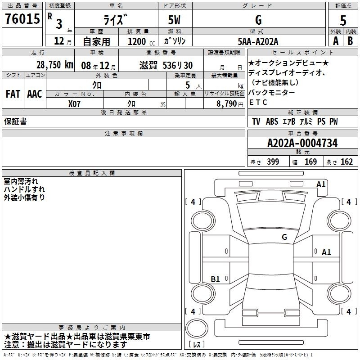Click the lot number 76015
(22, 19)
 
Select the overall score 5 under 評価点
(343, 21)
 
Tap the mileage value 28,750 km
(55, 65)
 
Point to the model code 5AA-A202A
(258, 41)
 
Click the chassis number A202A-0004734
(302, 143)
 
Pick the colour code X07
(74, 104)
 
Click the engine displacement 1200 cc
(141, 42)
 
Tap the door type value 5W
(174, 20)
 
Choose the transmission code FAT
(13, 94)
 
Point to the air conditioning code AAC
(35, 94)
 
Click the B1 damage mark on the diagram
(215, 279)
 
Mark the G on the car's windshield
(284, 237)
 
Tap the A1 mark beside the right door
(326, 252)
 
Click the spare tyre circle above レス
(197, 328)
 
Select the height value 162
(346, 162)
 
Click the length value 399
(273, 162)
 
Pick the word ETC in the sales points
(258, 103)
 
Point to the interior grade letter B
(350, 41)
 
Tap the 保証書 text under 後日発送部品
(15, 121)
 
